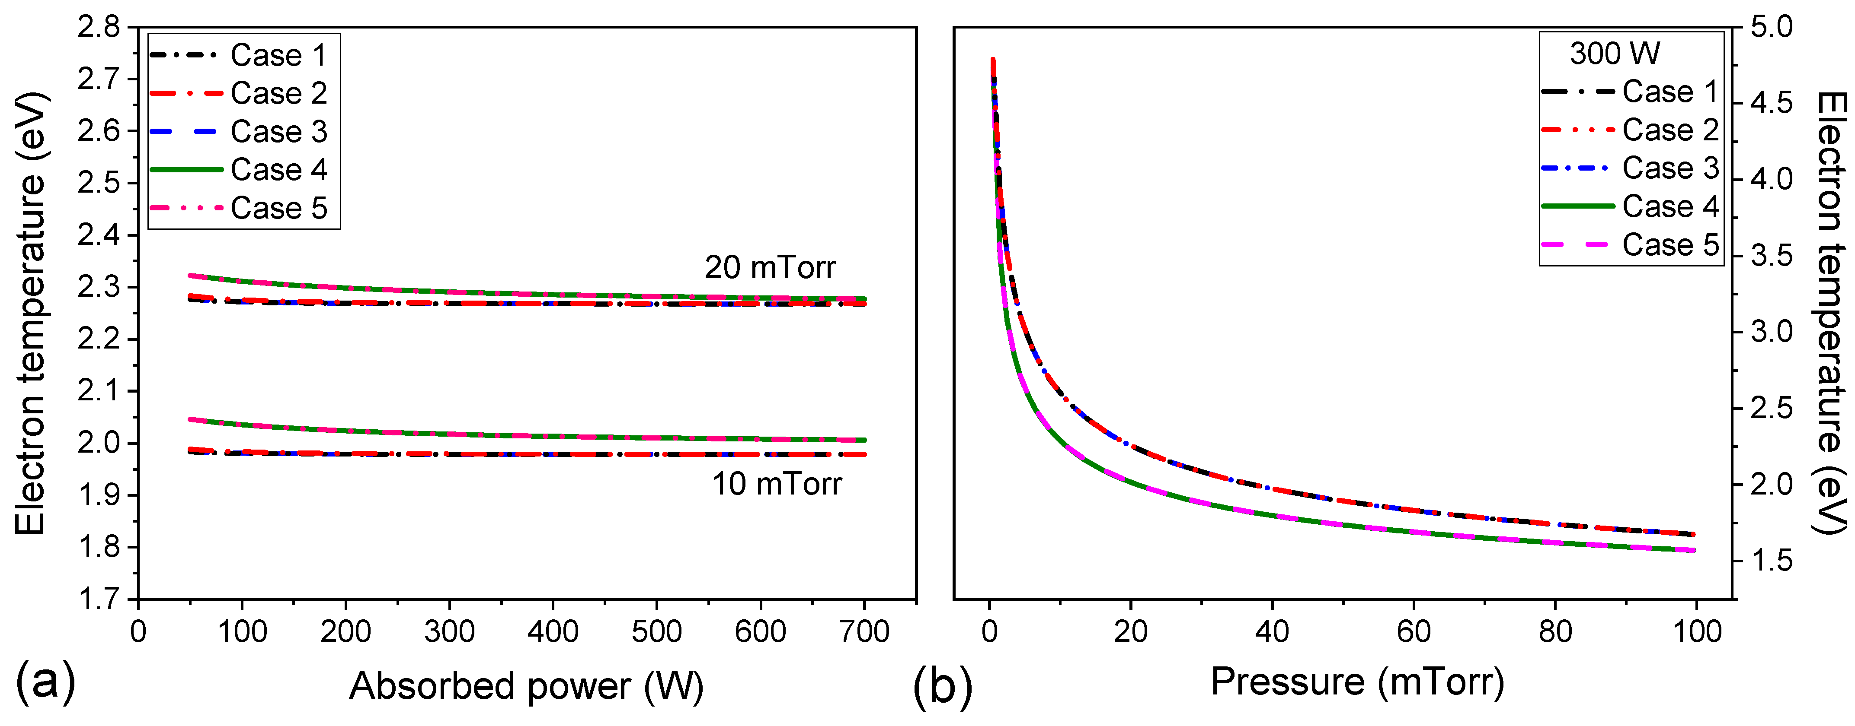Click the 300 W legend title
pos(1615,54)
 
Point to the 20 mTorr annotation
pos(770,268)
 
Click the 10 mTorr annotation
pos(776,484)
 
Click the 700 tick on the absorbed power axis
pos(864,632)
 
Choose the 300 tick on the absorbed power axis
pos(449,632)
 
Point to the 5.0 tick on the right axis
pos(1772,27)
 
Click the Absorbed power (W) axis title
pos(526,686)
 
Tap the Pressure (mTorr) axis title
pos(1357,682)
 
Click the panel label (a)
pos(45,682)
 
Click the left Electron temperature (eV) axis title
pos(30,313)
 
